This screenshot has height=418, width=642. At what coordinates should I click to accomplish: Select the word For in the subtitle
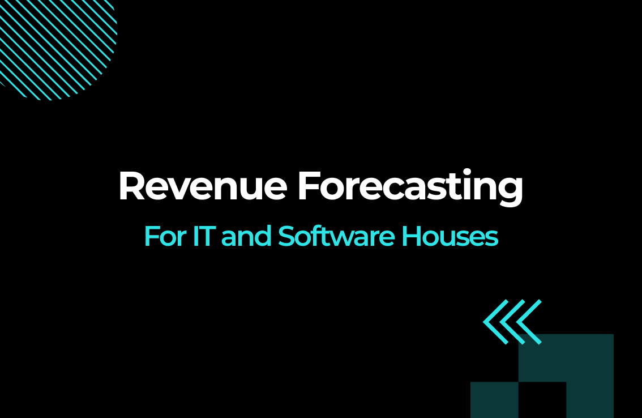click(x=165, y=236)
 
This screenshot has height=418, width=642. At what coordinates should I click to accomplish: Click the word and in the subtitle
click(x=246, y=236)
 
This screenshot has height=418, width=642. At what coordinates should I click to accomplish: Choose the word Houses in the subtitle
click(x=450, y=236)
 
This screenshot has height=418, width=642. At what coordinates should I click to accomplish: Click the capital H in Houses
click(x=410, y=236)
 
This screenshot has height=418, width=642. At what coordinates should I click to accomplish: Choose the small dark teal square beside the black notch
click(x=494, y=400)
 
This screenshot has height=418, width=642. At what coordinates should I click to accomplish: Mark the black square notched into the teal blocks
click(x=542, y=400)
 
